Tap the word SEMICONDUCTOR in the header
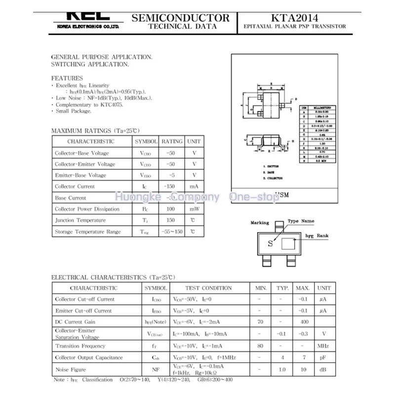coord(181,18)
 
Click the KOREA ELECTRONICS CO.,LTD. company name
coord(87,27)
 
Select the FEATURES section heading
coord(67,78)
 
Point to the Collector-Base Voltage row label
coord(82,153)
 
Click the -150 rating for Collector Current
coord(171,187)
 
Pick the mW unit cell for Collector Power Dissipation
coord(194,209)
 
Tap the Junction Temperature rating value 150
coord(171,220)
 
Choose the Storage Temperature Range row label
coord(88,232)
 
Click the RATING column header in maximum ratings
coord(172,141)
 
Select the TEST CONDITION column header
coord(208,288)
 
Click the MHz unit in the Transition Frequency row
coord(323,346)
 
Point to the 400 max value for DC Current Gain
coord(302,322)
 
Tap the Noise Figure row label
coord(70,369)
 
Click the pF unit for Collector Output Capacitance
coord(323,357)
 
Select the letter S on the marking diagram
coord(270,243)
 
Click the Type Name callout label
coord(301,221)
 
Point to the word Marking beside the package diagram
coord(260,223)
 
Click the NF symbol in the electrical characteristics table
coord(156,369)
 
